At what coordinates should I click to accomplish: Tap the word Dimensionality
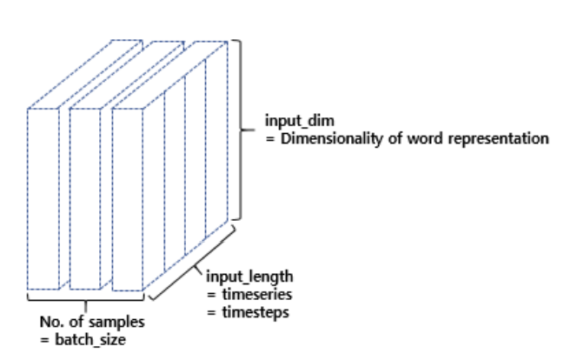(x=325, y=138)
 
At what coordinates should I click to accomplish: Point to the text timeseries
(x=252, y=293)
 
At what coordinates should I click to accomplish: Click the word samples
(x=121, y=322)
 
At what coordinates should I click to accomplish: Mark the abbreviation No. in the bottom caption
(x=51, y=322)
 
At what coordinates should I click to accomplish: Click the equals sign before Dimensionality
(x=269, y=138)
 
